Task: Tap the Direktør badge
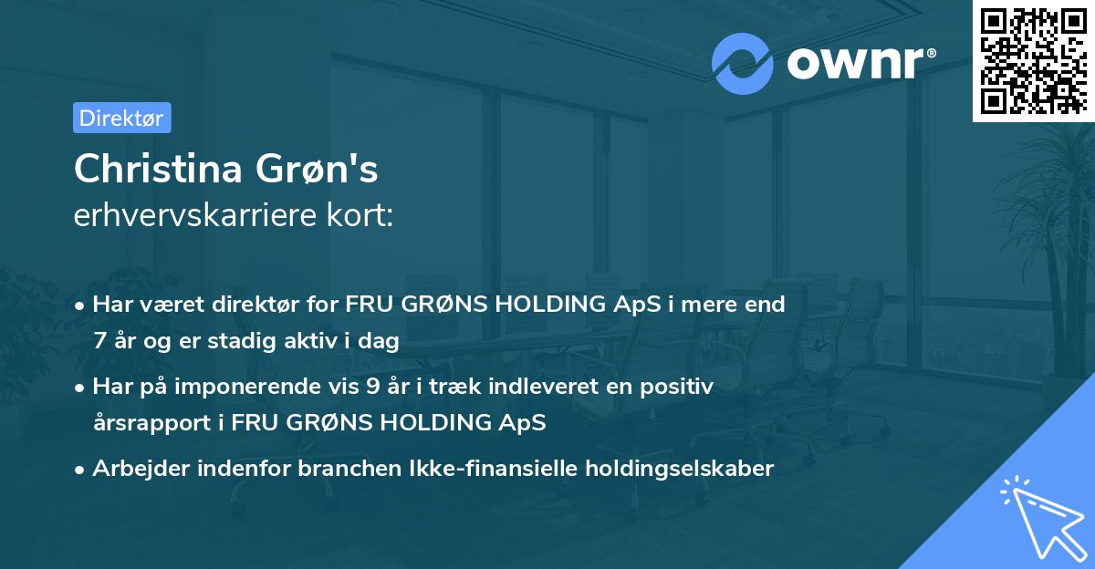(x=121, y=118)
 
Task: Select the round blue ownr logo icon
(x=743, y=62)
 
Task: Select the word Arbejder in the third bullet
(x=135, y=469)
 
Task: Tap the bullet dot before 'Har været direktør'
(x=80, y=305)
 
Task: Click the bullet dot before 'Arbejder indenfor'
(x=80, y=469)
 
